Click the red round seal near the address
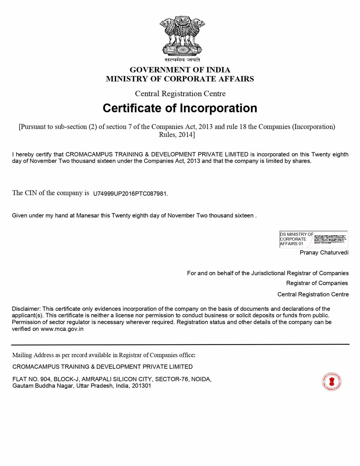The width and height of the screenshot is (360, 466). point(331,382)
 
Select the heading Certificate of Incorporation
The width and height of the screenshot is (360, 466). point(180,108)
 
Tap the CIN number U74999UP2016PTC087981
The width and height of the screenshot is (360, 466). point(130,194)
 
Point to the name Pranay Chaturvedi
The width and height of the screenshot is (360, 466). point(324,252)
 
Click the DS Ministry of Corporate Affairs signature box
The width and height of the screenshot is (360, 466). point(313,239)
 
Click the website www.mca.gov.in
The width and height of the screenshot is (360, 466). point(62,329)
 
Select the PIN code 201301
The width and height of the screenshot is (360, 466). point(141,386)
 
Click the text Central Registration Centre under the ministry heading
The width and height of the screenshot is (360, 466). point(180,93)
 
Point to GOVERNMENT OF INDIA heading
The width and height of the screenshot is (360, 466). point(180,70)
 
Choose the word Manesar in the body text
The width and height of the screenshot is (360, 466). point(88,215)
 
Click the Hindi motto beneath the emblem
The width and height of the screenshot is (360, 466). point(182,60)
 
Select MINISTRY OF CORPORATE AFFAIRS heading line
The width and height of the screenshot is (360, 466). point(180,79)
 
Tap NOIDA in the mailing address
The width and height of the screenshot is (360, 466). point(201,379)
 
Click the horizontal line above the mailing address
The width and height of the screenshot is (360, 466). point(180,344)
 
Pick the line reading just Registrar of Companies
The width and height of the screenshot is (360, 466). point(317,283)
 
